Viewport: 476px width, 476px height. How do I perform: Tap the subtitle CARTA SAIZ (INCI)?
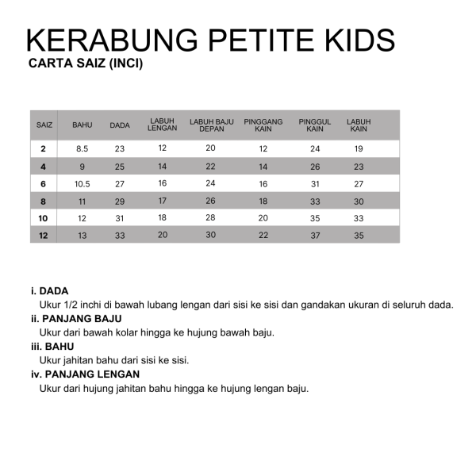point(85,64)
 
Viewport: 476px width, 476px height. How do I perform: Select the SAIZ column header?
point(44,125)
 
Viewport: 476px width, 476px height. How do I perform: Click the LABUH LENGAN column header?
point(162,125)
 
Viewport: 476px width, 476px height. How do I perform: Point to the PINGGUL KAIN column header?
point(315,125)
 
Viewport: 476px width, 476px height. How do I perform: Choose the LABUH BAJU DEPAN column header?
point(211,125)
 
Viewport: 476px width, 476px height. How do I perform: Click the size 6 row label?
point(44,183)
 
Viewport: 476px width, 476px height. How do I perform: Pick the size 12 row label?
point(44,235)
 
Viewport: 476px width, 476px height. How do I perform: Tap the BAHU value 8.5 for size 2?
point(83,148)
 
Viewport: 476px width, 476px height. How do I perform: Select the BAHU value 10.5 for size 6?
point(83,183)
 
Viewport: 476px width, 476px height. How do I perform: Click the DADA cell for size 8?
point(120,202)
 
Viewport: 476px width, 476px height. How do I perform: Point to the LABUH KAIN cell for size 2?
point(359,148)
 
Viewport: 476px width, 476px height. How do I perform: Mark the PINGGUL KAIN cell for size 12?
point(315,235)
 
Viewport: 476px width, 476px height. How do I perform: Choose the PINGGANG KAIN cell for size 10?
point(263,217)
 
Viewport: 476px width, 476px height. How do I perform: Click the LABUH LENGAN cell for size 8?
point(162,201)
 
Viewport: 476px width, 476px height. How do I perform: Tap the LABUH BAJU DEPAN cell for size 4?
point(210,166)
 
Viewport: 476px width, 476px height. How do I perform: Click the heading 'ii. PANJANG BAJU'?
point(75,319)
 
